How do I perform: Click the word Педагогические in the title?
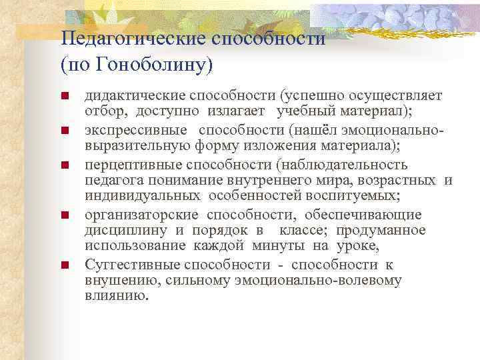click(x=132, y=39)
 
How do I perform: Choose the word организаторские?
click(x=141, y=214)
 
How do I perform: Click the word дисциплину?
click(x=125, y=230)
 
